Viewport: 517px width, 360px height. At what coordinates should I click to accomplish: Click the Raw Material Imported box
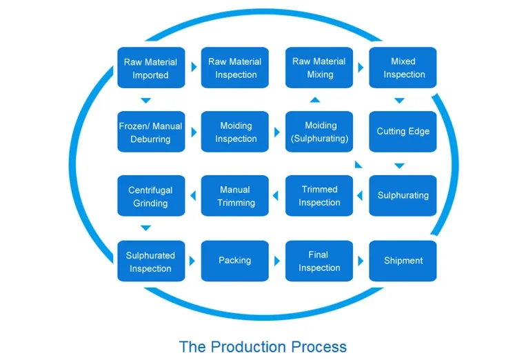(x=150, y=68)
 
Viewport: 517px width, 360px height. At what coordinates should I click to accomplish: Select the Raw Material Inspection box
(x=235, y=68)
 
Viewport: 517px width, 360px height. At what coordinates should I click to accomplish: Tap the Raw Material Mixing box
(x=319, y=68)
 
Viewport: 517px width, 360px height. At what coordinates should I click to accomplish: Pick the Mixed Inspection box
(x=403, y=68)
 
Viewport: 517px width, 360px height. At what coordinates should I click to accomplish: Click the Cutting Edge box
(x=403, y=132)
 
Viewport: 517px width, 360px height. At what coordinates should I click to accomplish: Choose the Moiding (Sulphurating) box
(x=319, y=132)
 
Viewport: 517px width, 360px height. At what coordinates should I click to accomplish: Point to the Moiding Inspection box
(x=235, y=132)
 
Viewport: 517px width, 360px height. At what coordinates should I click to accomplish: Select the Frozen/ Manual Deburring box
(x=150, y=132)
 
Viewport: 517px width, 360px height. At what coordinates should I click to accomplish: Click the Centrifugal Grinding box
(x=150, y=196)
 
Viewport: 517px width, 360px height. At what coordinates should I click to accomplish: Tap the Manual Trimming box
(x=235, y=196)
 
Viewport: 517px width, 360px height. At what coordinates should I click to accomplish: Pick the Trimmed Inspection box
(x=319, y=196)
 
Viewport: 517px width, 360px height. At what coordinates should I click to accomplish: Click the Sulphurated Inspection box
(x=150, y=261)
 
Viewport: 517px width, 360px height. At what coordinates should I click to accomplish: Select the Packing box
(x=235, y=261)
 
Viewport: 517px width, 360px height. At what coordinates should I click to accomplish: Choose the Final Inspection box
(x=319, y=261)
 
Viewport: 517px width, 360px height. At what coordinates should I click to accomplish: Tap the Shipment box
(x=403, y=261)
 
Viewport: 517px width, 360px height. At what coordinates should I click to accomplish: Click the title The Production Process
(x=263, y=346)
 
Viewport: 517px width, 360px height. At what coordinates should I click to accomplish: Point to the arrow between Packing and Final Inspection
(x=278, y=261)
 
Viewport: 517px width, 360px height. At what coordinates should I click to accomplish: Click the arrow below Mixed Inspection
(x=399, y=101)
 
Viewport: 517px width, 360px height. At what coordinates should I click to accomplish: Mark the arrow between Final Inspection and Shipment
(x=361, y=261)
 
